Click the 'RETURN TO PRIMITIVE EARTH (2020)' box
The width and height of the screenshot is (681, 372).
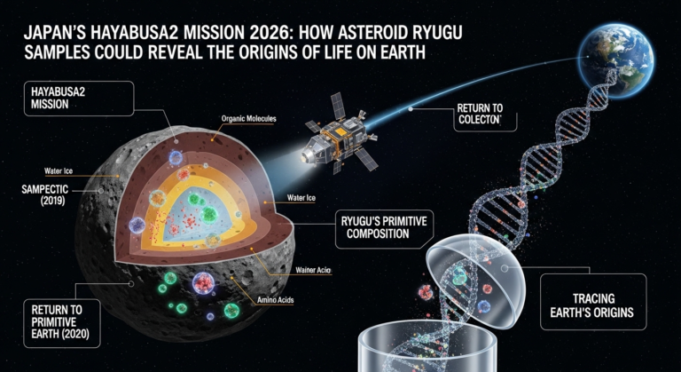tap(63, 322)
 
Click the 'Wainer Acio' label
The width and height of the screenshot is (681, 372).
tap(311, 271)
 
